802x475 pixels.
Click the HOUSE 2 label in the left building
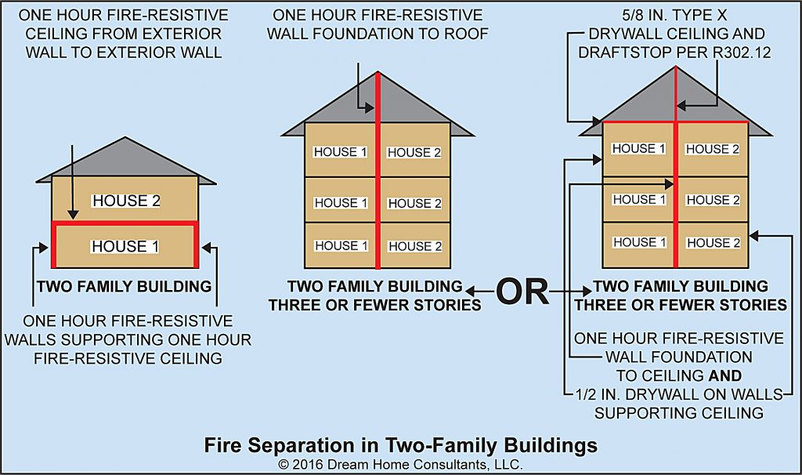point(126,201)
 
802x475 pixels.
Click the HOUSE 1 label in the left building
point(125,246)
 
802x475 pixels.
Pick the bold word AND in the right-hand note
point(720,375)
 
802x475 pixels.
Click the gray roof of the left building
point(125,161)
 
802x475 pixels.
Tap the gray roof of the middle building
point(337,106)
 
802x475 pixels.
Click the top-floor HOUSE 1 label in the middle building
point(340,152)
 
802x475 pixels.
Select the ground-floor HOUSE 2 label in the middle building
point(414,246)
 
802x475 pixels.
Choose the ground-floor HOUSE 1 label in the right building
point(639,242)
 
